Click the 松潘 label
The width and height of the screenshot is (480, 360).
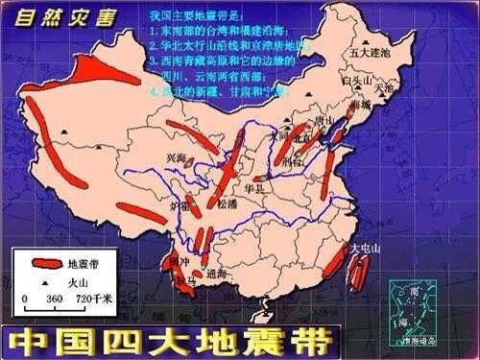click(226, 204)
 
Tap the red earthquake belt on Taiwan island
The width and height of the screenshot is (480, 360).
click(356, 274)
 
